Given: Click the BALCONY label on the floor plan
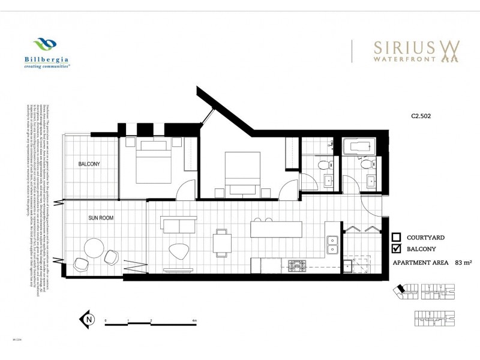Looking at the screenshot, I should [x=88, y=163].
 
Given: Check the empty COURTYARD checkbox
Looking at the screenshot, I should [x=396, y=237].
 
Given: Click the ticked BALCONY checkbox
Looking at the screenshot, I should [x=396, y=249].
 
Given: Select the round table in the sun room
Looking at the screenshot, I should [x=95, y=247].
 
